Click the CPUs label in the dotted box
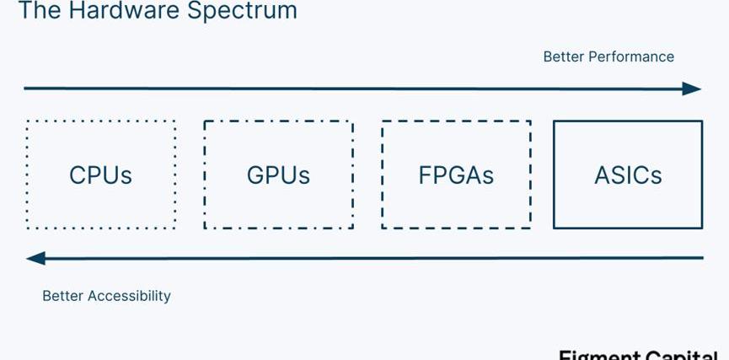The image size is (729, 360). click(x=100, y=175)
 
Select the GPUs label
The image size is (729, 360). click(x=278, y=175)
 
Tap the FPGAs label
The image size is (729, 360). click(x=456, y=175)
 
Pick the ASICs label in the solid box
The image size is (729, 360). click(x=628, y=175)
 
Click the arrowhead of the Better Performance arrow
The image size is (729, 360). click(x=693, y=89)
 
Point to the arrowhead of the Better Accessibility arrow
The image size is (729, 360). click(x=35, y=258)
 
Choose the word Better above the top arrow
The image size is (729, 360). click(x=563, y=56)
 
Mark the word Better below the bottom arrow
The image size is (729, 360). click(x=62, y=296)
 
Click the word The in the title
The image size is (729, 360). click(x=35, y=11)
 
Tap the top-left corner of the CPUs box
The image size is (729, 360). click(x=27, y=121)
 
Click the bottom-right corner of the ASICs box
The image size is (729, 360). click(x=702, y=228)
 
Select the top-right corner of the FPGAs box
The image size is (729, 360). click(x=530, y=121)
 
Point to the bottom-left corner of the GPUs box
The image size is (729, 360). click(x=205, y=228)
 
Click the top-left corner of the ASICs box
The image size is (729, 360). click(x=554, y=121)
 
